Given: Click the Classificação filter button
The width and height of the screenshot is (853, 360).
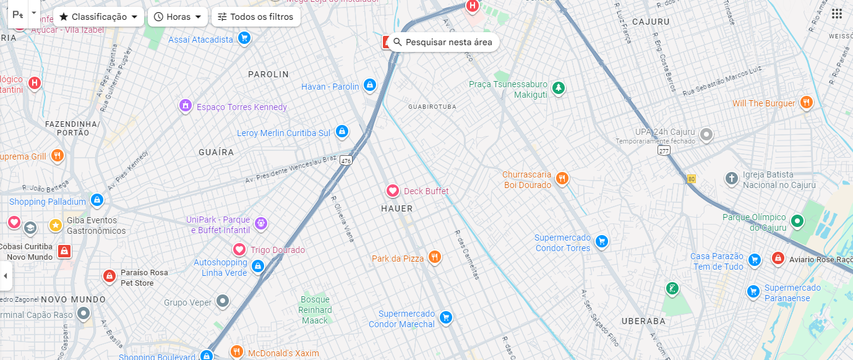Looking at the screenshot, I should pos(98,17).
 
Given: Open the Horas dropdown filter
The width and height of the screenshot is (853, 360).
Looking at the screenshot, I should pos(178,17).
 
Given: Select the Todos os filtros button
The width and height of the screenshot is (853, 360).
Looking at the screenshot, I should pos(255,17).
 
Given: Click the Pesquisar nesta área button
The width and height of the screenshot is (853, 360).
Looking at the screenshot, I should pos(443,42).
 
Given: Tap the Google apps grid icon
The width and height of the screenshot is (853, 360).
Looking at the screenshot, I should pos(836,14).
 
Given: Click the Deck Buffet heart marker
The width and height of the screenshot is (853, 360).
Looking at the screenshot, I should pos(392,191).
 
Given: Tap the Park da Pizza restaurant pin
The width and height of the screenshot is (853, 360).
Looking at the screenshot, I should pos(435,257).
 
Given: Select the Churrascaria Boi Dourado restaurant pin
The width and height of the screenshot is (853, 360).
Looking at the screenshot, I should pos(562,179).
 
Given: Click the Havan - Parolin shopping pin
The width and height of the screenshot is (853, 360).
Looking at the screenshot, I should pos(370,85).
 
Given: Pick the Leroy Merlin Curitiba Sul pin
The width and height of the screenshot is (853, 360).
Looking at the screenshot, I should pos(341,131).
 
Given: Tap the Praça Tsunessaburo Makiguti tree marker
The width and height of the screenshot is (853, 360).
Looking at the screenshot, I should pos(559,88).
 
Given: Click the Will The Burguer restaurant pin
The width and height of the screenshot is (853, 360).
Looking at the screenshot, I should pos(805,102).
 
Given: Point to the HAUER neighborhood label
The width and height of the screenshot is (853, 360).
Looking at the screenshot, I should pos(396,208).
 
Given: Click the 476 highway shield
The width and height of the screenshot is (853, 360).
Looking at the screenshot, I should pos(346,160).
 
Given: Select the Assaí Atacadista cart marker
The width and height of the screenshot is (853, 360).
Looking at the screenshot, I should pos(244,38).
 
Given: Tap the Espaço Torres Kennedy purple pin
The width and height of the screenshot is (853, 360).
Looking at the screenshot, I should pos(184,106).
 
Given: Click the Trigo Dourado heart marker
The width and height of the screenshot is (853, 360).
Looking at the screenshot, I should pos(239,249).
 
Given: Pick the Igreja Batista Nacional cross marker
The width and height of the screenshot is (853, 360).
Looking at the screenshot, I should pos(732,179).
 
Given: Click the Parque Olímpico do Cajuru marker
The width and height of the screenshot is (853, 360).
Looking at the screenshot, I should pos(797,220).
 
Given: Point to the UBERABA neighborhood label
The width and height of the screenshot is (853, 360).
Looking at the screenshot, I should pos(644,321).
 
